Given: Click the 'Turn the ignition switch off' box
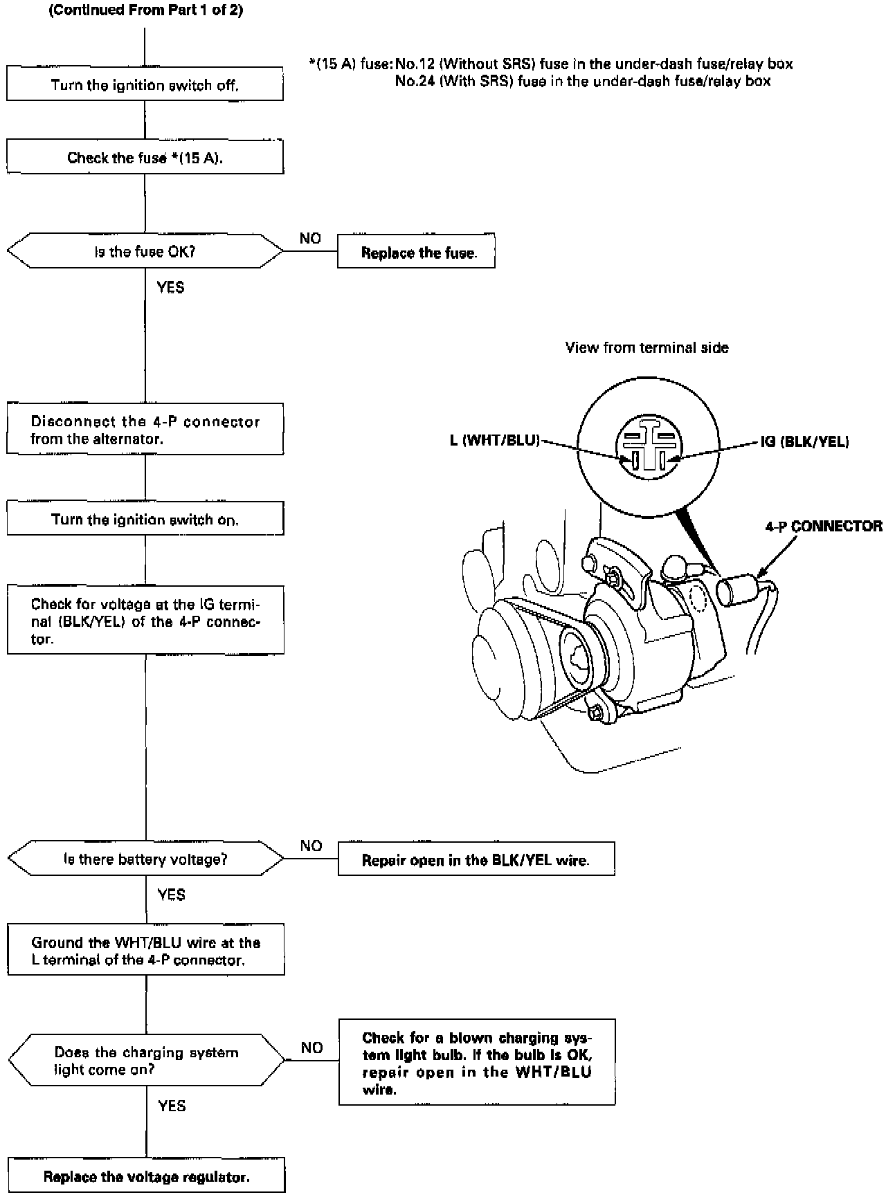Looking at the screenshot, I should click(x=145, y=85).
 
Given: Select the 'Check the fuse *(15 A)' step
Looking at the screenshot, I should click(x=145, y=158).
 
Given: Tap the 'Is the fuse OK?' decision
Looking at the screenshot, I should click(x=145, y=252).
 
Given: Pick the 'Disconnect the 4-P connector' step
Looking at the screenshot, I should click(x=145, y=430).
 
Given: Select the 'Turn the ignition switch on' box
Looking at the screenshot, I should click(x=145, y=520).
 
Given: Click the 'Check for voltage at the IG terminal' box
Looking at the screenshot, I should click(x=145, y=621).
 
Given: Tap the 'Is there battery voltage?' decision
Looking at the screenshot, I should click(x=145, y=859).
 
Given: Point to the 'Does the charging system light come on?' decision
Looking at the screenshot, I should click(x=145, y=1060).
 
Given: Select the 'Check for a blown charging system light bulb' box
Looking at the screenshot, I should click(x=476, y=1063).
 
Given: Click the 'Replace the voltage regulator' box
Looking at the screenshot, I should click(x=146, y=1176).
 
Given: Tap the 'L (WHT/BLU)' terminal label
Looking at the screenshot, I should click(x=494, y=440).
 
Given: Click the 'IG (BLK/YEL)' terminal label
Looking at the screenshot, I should click(x=804, y=441).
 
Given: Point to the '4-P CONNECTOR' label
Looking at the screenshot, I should click(x=823, y=526).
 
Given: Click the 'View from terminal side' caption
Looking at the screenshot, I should click(x=647, y=347).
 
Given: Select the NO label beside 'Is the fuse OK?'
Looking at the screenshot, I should click(x=310, y=238).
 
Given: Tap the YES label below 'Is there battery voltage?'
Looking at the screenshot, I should click(x=171, y=895).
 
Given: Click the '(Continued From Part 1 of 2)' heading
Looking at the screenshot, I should click(x=145, y=11).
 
